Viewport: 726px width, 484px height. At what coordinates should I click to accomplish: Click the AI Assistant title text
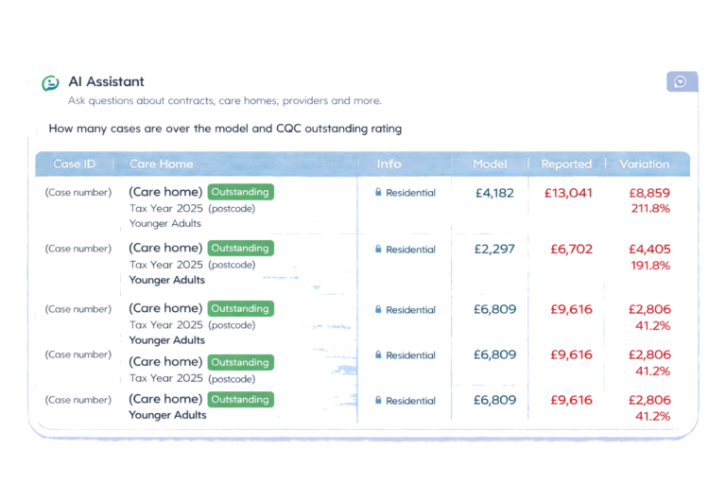pyautogui.click(x=107, y=82)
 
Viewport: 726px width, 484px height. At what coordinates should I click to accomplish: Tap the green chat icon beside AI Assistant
pyautogui.click(x=51, y=83)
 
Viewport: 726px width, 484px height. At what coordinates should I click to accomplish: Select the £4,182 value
pyautogui.click(x=494, y=193)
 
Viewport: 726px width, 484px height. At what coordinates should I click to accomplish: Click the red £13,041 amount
pyautogui.click(x=568, y=193)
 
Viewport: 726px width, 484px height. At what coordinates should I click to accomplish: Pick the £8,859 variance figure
pyautogui.click(x=649, y=193)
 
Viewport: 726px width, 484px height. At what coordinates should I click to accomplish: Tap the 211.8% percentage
pyautogui.click(x=649, y=208)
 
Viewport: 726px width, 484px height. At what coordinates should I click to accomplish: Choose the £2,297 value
pyautogui.click(x=494, y=250)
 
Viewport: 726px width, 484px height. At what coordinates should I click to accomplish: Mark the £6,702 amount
pyautogui.click(x=571, y=250)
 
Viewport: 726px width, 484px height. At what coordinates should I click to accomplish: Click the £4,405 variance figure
pyautogui.click(x=649, y=250)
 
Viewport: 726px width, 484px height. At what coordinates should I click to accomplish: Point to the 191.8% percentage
pyautogui.click(x=649, y=266)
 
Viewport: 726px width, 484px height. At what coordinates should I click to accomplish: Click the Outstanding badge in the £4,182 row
pyautogui.click(x=241, y=192)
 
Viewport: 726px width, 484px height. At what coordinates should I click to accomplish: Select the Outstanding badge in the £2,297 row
pyautogui.click(x=241, y=249)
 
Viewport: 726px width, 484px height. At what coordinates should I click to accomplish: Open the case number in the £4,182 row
pyautogui.click(x=78, y=193)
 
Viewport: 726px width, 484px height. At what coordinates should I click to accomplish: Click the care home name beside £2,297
pyautogui.click(x=165, y=249)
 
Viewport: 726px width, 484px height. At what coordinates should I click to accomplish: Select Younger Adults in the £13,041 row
pyautogui.click(x=167, y=224)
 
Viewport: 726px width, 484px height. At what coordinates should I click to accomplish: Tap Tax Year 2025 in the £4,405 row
pyautogui.click(x=165, y=265)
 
